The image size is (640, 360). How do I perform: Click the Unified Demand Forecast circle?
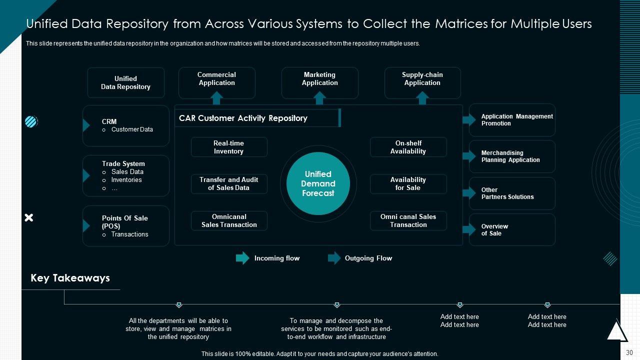coord(318,183)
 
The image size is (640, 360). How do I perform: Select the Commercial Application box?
coord(216,82)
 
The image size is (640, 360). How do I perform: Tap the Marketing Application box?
coord(319,82)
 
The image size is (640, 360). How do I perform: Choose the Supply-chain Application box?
coord(422,82)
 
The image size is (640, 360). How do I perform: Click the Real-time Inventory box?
coord(228,147)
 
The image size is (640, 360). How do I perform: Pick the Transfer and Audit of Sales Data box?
coord(228,183)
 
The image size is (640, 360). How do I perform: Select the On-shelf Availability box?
coord(408,147)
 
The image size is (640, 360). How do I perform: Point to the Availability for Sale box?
coord(408,183)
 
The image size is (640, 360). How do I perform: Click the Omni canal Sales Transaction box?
coord(408,220)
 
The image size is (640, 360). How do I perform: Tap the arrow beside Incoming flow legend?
coord(242,258)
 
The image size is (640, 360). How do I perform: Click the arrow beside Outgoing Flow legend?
coord(334,258)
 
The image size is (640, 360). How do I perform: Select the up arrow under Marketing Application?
coord(320,98)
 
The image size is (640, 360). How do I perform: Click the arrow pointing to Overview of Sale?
coord(469,229)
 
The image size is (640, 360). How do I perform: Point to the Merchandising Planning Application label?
coord(510,156)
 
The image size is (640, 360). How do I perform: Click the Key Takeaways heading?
coord(70,278)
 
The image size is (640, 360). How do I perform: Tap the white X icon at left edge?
coord(29,217)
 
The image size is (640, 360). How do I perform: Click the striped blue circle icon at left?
coord(31,121)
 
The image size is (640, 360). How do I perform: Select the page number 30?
coord(629,352)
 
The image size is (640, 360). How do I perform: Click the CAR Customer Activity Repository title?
coord(243,118)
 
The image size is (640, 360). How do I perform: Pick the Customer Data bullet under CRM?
coord(132,129)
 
